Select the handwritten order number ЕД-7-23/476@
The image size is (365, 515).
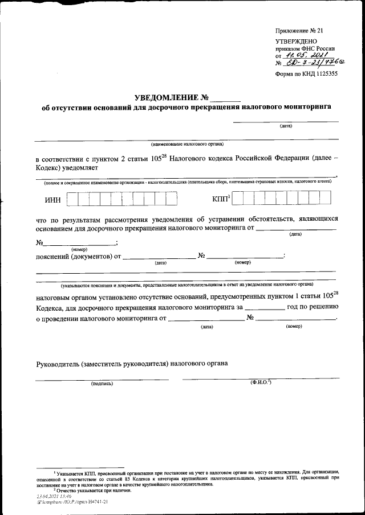coord(311,63)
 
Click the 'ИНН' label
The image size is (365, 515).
coord(52,200)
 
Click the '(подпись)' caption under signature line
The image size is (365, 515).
coord(102,384)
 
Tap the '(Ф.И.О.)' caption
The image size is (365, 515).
coord(260,382)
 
